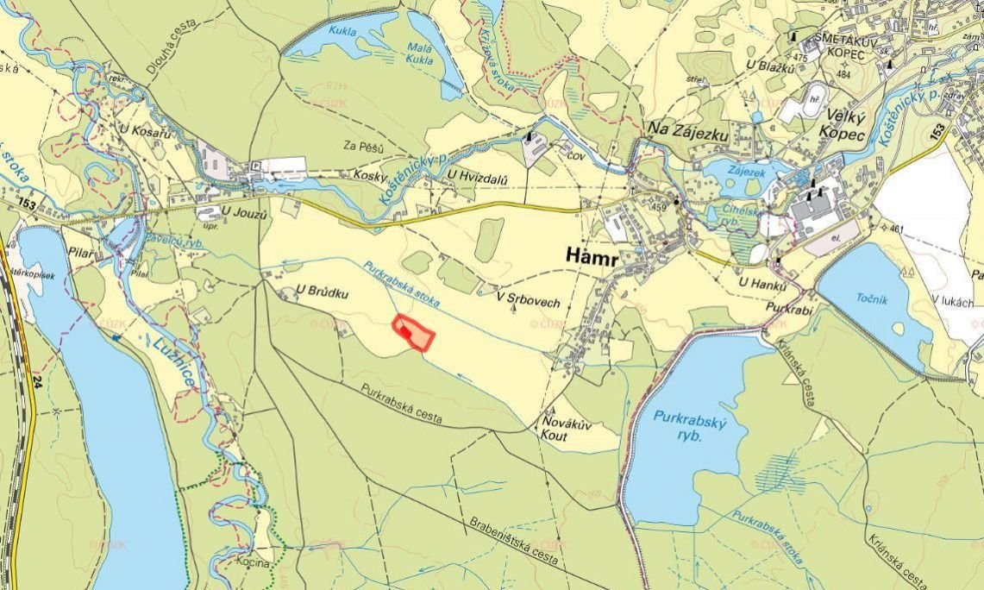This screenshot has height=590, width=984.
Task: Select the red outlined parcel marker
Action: (x=413, y=332)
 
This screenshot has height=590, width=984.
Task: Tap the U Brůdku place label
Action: (x=322, y=292)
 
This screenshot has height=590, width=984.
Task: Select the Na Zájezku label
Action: (x=688, y=131)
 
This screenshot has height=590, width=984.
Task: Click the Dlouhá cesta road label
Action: (x=178, y=53)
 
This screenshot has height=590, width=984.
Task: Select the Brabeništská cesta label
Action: (x=515, y=539)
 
